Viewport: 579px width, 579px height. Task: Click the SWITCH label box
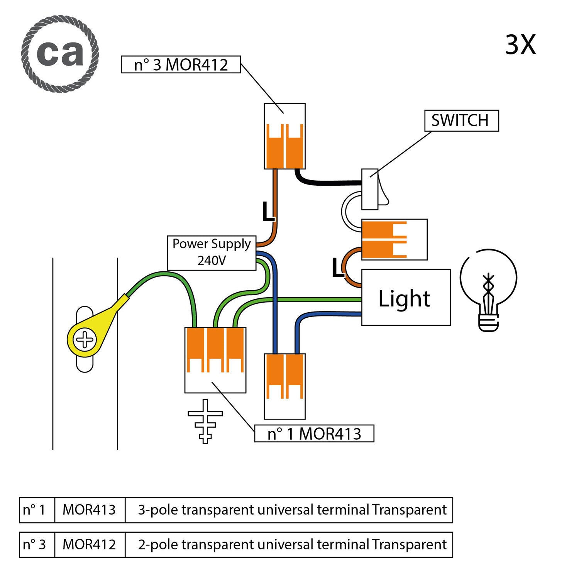coord(461,121)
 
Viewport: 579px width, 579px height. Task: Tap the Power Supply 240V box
coord(212,253)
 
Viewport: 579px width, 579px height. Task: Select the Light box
coord(406,298)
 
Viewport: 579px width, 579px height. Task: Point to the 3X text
coord(520,45)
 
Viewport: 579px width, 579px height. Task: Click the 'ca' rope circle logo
coord(60,54)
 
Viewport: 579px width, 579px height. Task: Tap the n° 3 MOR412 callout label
coord(181,64)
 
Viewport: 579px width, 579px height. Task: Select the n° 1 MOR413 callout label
coord(314,433)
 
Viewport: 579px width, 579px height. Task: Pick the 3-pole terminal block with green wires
coord(215,359)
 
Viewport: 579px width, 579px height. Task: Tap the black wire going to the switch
coord(328,183)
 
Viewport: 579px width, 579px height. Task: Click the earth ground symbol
coord(205,421)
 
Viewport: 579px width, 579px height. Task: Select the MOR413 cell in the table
coord(90,510)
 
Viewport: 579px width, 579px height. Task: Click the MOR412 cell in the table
coord(90,545)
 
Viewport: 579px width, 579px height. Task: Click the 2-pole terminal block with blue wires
coord(285,386)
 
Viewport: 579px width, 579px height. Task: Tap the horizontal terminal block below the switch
coord(394,239)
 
